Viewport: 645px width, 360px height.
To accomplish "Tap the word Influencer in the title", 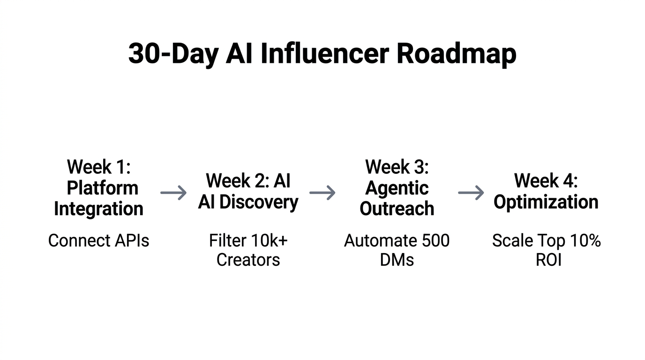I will (x=324, y=54).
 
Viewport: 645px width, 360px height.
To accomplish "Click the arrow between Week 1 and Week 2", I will (x=173, y=193).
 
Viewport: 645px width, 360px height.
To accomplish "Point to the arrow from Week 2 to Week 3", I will (x=322, y=193).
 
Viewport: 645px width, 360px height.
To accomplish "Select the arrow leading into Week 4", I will (x=471, y=193).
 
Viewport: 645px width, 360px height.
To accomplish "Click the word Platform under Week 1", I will (x=102, y=188).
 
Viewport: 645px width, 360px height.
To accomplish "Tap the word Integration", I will (x=98, y=209).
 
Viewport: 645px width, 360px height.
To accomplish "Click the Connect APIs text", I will (x=98, y=241).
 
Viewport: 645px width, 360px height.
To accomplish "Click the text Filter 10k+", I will (x=248, y=241).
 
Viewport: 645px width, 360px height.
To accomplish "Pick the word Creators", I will (x=248, y=260).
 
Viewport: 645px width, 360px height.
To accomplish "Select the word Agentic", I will (x=397, y=188).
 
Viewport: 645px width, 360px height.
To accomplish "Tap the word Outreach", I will (x=397, y=209).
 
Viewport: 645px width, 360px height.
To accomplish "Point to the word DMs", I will (x=397, y=260).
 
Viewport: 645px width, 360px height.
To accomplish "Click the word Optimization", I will (x=546, y=202).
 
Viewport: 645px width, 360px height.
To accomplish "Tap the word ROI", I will (x=548, y=260).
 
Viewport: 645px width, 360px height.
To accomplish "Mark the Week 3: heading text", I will (x=397, y=167).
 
